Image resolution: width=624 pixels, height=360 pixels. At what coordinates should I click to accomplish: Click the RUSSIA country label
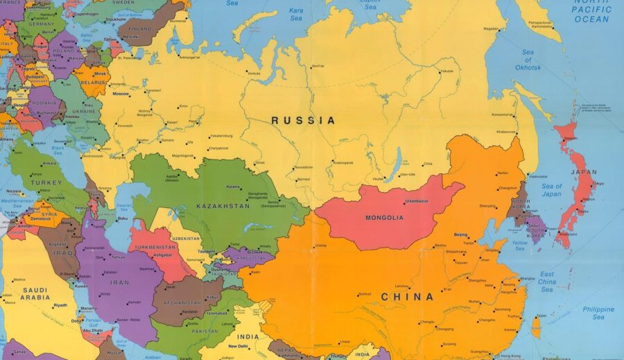[303, 121]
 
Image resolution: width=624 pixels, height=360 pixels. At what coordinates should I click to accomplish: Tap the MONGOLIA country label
[384, 218]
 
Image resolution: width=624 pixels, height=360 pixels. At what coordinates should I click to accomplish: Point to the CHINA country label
[407, 297]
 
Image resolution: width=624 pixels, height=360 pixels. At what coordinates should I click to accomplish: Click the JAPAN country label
[583, 172]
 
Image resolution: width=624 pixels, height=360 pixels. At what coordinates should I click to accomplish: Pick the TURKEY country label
[45, 182]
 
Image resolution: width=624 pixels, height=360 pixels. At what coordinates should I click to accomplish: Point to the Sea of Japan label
[552, 190]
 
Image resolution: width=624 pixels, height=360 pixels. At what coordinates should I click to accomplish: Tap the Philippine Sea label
[598, 313]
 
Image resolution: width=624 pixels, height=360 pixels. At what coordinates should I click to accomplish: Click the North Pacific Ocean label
[591, 12]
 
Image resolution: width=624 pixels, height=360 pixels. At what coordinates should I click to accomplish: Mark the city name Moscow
[121, 94]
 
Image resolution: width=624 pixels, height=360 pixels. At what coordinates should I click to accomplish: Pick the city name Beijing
[460, 235]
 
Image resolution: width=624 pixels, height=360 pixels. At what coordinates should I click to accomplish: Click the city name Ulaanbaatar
[417, 201]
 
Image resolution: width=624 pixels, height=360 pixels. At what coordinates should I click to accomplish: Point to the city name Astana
[232, 187]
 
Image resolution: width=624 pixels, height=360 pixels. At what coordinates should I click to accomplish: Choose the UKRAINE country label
[84, 111]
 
